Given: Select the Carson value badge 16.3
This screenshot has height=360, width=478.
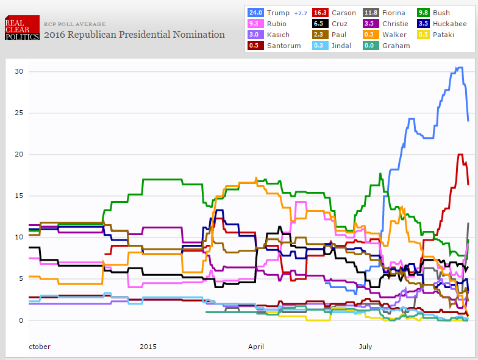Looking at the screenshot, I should (319, 13).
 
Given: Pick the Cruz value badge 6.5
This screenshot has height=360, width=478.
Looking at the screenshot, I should (319, 24).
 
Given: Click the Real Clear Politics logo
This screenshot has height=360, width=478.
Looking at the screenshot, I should (22, 28).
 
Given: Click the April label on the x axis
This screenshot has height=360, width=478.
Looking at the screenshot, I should (256, 347).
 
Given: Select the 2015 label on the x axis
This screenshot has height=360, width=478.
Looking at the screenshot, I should (148, 347).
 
